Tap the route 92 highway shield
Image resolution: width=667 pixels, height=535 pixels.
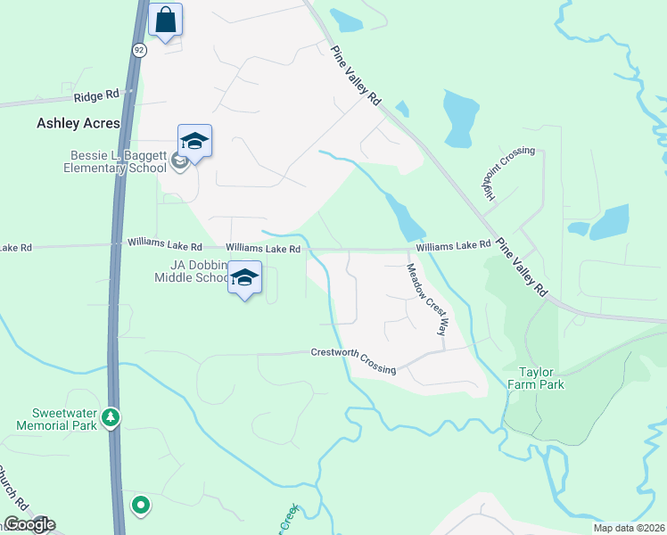point(139,51)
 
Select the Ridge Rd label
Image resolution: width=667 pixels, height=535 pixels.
point(95,95)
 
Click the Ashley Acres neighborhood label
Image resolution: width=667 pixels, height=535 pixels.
point(77,124)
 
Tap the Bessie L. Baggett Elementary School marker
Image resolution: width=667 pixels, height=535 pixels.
point(194,141)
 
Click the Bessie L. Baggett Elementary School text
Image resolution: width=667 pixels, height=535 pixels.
point(119,160)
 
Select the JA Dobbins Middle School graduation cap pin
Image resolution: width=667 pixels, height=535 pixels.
point(244,277)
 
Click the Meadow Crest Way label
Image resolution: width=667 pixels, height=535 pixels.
point(426,299)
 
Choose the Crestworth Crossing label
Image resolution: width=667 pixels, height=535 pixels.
point(353,360)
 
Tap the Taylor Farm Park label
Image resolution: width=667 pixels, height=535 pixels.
point(537,377)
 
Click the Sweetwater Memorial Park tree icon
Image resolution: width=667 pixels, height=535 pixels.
point(110,416)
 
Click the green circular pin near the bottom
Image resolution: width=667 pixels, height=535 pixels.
point(140,506)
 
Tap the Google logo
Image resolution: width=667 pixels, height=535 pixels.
point(29,524)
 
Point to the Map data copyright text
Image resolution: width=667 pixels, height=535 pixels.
point(630,528)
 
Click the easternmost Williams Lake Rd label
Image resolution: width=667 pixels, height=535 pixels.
point(453,244)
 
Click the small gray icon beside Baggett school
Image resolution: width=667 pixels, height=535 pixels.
point(178,160)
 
